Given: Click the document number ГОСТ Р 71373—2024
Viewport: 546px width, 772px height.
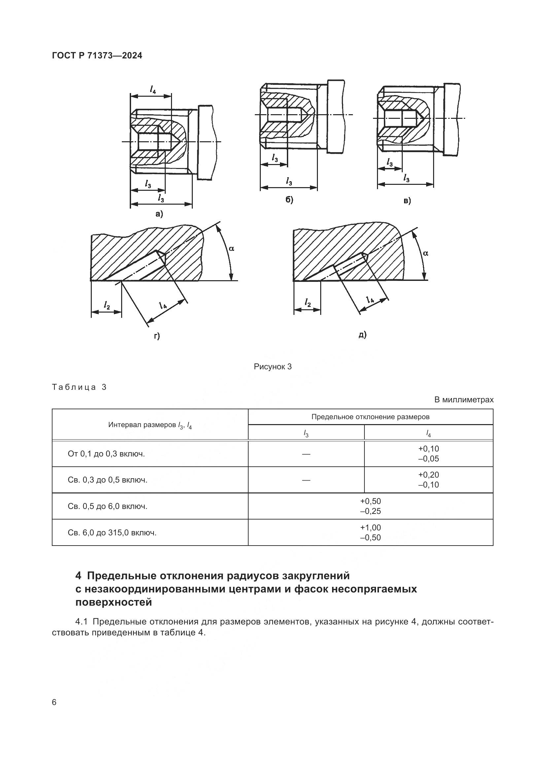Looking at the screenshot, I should [x=97, y=55].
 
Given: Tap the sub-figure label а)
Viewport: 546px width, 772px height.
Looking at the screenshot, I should [x=159, y=214].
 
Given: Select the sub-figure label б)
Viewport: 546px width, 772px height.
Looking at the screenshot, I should [x=289, y=200].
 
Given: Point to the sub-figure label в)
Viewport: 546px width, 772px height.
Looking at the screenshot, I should [x=407, y=201].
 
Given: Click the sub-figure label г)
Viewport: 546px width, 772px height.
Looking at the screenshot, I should [x=157, y=336].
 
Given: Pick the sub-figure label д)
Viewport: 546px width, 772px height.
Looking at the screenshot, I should [x=362, y=335].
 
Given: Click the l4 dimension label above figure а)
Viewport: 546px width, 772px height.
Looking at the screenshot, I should [x=153, y=89].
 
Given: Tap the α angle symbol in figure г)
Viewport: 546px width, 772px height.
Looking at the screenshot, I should [x=231, y=249].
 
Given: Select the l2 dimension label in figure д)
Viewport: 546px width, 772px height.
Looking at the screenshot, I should [x=307, y=302].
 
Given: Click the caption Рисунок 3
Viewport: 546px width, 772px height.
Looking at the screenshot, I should [x=273, y=366].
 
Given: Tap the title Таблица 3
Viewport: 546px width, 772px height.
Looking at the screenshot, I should [x=79, y=387].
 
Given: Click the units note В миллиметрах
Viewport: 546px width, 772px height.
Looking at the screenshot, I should [x=463, y=400].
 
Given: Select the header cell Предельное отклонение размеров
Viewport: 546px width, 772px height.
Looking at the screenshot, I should [x=370, y=417].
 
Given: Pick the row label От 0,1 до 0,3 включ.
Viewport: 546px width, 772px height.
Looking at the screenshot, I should [x=106, y=454].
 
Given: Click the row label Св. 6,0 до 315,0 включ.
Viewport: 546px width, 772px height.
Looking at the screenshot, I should [x=112, y=533].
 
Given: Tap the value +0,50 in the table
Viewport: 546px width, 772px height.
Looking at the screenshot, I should [x=370, y=501].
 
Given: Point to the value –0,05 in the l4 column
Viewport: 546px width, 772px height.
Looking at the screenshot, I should [x=428, y=459].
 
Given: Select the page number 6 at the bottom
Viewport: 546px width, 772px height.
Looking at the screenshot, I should [x=54, y=702].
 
